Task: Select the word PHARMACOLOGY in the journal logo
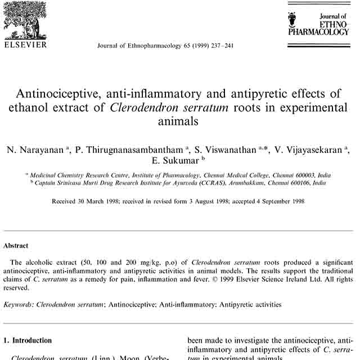318,33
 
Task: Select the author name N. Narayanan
35,150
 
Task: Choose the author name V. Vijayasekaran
300,150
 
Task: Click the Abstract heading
16,246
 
